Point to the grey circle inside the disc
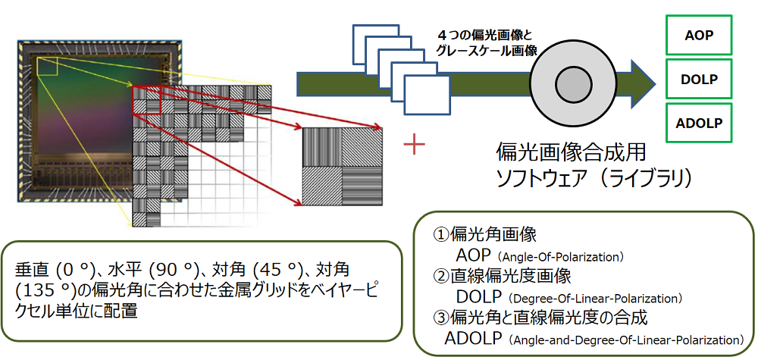(568, 81)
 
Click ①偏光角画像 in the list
(485, 235)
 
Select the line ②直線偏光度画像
(501, 276)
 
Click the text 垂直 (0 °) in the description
(54, 270)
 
